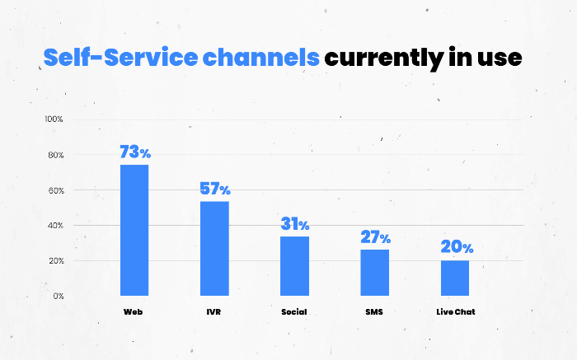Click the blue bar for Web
(x=134, y=230)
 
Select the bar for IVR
(x=214, y=248)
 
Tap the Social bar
(x=294, y=265)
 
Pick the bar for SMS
(x=374, y=272)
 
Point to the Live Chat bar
(x=454, y=278)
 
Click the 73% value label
(x=135, y=152)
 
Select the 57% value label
(x=215, y=189)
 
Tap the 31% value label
(x=294, y=224)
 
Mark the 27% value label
(x=375, y=237)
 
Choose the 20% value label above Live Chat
(x=456, y=247)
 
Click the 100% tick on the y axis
(x=54, y=119)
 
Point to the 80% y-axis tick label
(x=54, y=155)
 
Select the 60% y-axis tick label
(x=54, y=190)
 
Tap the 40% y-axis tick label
(x=54, y=226)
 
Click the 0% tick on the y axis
(x=58, y=296)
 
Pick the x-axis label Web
(x=134, y=313)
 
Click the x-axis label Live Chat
(x=454, y=313)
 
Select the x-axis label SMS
(x=374, y=313)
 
